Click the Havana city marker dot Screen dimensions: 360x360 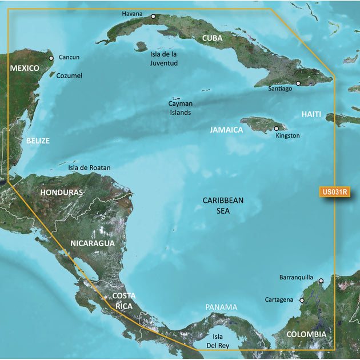point(153,17)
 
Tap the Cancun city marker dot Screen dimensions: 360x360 point(51,58)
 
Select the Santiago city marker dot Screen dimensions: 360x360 point(298,83)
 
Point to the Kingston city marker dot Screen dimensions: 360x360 point(277,129)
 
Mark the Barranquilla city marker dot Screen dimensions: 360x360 point(321,281)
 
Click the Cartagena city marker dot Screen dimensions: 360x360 point(302,299)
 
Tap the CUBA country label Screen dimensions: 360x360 point(212,38)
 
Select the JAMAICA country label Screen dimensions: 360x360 point(226,130)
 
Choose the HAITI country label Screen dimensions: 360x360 point(311,114)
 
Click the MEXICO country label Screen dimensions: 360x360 point(25,69)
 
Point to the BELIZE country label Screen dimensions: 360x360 point(38,141)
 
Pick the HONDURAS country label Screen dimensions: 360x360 point(62,193)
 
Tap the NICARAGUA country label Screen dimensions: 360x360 point(93,243)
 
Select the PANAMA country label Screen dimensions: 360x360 point(221,307)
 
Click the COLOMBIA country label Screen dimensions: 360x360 point(306,334)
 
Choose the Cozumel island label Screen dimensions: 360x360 point(70,75)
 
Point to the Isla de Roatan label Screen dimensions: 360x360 point(89,168)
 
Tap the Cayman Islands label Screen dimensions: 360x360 point(180,108)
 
